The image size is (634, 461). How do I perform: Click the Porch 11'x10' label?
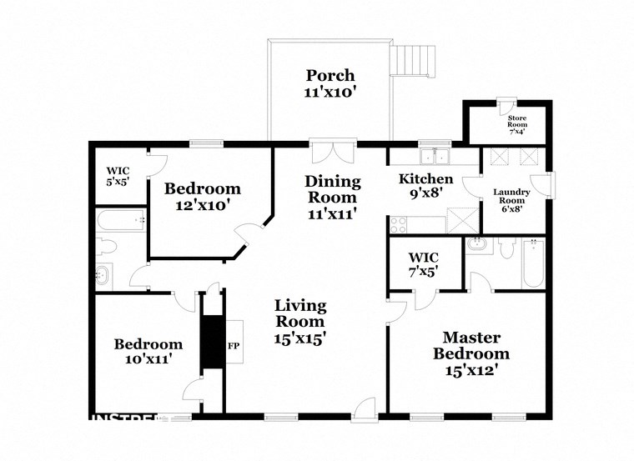click(330, 84)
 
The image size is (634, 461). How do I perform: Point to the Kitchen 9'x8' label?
click(425, 187)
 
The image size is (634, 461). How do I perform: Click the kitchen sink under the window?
click(434, 157)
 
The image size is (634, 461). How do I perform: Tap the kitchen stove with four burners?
click(397, 224)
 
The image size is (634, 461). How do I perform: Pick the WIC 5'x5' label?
click(118, 176)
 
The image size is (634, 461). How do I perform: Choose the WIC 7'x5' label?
click(423, 263)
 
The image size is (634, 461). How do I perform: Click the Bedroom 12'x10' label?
click(202, 196)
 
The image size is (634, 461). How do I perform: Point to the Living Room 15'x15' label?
click(300, 322)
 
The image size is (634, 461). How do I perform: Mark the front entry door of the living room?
click(364, 408)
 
